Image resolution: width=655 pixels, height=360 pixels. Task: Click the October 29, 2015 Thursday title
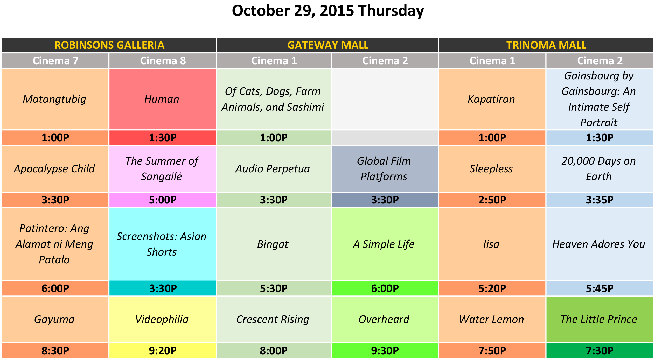click(328, 11)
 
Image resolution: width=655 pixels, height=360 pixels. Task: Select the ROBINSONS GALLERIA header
click(109, 45)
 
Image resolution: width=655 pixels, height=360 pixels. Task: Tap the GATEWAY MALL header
click(328, 45)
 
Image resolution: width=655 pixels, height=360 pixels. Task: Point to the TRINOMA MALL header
click(546, 45)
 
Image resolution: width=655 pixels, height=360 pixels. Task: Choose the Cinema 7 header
click(55, 61)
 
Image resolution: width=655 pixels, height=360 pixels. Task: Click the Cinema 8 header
click(163, 61)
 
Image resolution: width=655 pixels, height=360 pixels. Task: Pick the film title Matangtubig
click(54, 99)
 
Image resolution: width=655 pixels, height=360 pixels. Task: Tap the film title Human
click(162, 99)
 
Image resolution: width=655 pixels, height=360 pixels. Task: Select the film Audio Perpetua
click(273, 169)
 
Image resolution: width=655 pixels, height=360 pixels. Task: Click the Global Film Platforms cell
click(384, 169)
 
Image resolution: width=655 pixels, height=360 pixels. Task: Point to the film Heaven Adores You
click(599, 244)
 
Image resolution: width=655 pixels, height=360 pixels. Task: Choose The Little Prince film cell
click(599, 319)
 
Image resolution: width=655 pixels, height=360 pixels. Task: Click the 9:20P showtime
click(163, 351)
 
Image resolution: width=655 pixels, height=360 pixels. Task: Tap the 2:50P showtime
click(492, 200)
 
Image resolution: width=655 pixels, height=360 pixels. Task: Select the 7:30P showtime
click(600, 351)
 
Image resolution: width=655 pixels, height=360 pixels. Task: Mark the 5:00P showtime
click(163, 200)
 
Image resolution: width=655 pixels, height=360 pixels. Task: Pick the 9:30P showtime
click(385, 351)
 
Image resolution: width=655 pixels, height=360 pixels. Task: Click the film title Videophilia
click(162, 319)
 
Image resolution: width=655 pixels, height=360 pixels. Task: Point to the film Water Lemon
click(491, 319)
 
